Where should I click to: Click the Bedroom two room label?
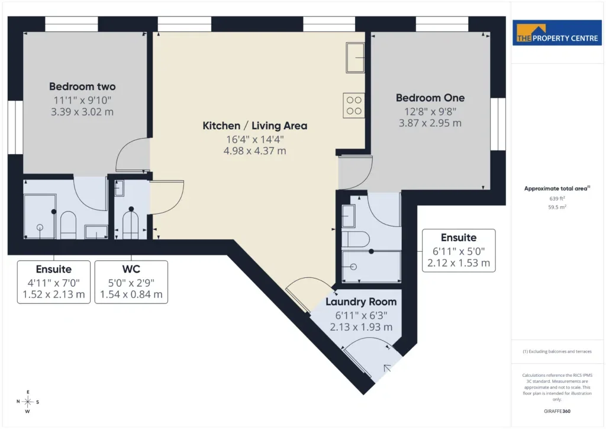point(82,87)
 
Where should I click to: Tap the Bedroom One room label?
point(430,98)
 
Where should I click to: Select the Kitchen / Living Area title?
point(254,126)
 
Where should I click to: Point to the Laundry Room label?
point(361,302)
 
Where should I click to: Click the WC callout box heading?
point(131,269)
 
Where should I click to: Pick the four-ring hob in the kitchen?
point(354,105)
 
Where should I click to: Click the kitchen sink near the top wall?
point(355,57)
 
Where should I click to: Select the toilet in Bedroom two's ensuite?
point(69,225)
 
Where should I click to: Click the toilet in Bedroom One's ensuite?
point(356,239)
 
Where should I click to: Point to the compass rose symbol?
point(28,402)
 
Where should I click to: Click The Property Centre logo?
point(557,33)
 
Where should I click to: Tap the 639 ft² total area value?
point(557,199)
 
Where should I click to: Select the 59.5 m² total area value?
point(557,207)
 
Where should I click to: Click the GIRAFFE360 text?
point(557,411)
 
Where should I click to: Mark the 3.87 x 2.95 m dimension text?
point(430,123)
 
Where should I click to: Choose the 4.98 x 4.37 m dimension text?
point(254,151)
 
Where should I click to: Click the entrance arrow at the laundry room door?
point(387,368)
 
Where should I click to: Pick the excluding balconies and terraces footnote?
point(557,351)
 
